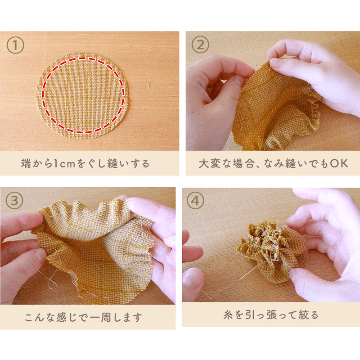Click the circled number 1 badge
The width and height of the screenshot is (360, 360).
point(15,45)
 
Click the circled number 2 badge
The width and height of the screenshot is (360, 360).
point(201,45)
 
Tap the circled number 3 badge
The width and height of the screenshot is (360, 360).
point(15,201)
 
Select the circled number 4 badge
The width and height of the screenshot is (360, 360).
point(195,201)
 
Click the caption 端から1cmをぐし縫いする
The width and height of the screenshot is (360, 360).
point(85,163)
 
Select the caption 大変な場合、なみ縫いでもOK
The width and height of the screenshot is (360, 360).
point(273,163)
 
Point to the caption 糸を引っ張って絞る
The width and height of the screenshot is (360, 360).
point(271,315)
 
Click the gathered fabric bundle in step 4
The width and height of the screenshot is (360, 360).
point(270,250)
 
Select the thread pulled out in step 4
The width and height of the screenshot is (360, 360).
point(225,288)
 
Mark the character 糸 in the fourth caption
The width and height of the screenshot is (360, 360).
point(228,315)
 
